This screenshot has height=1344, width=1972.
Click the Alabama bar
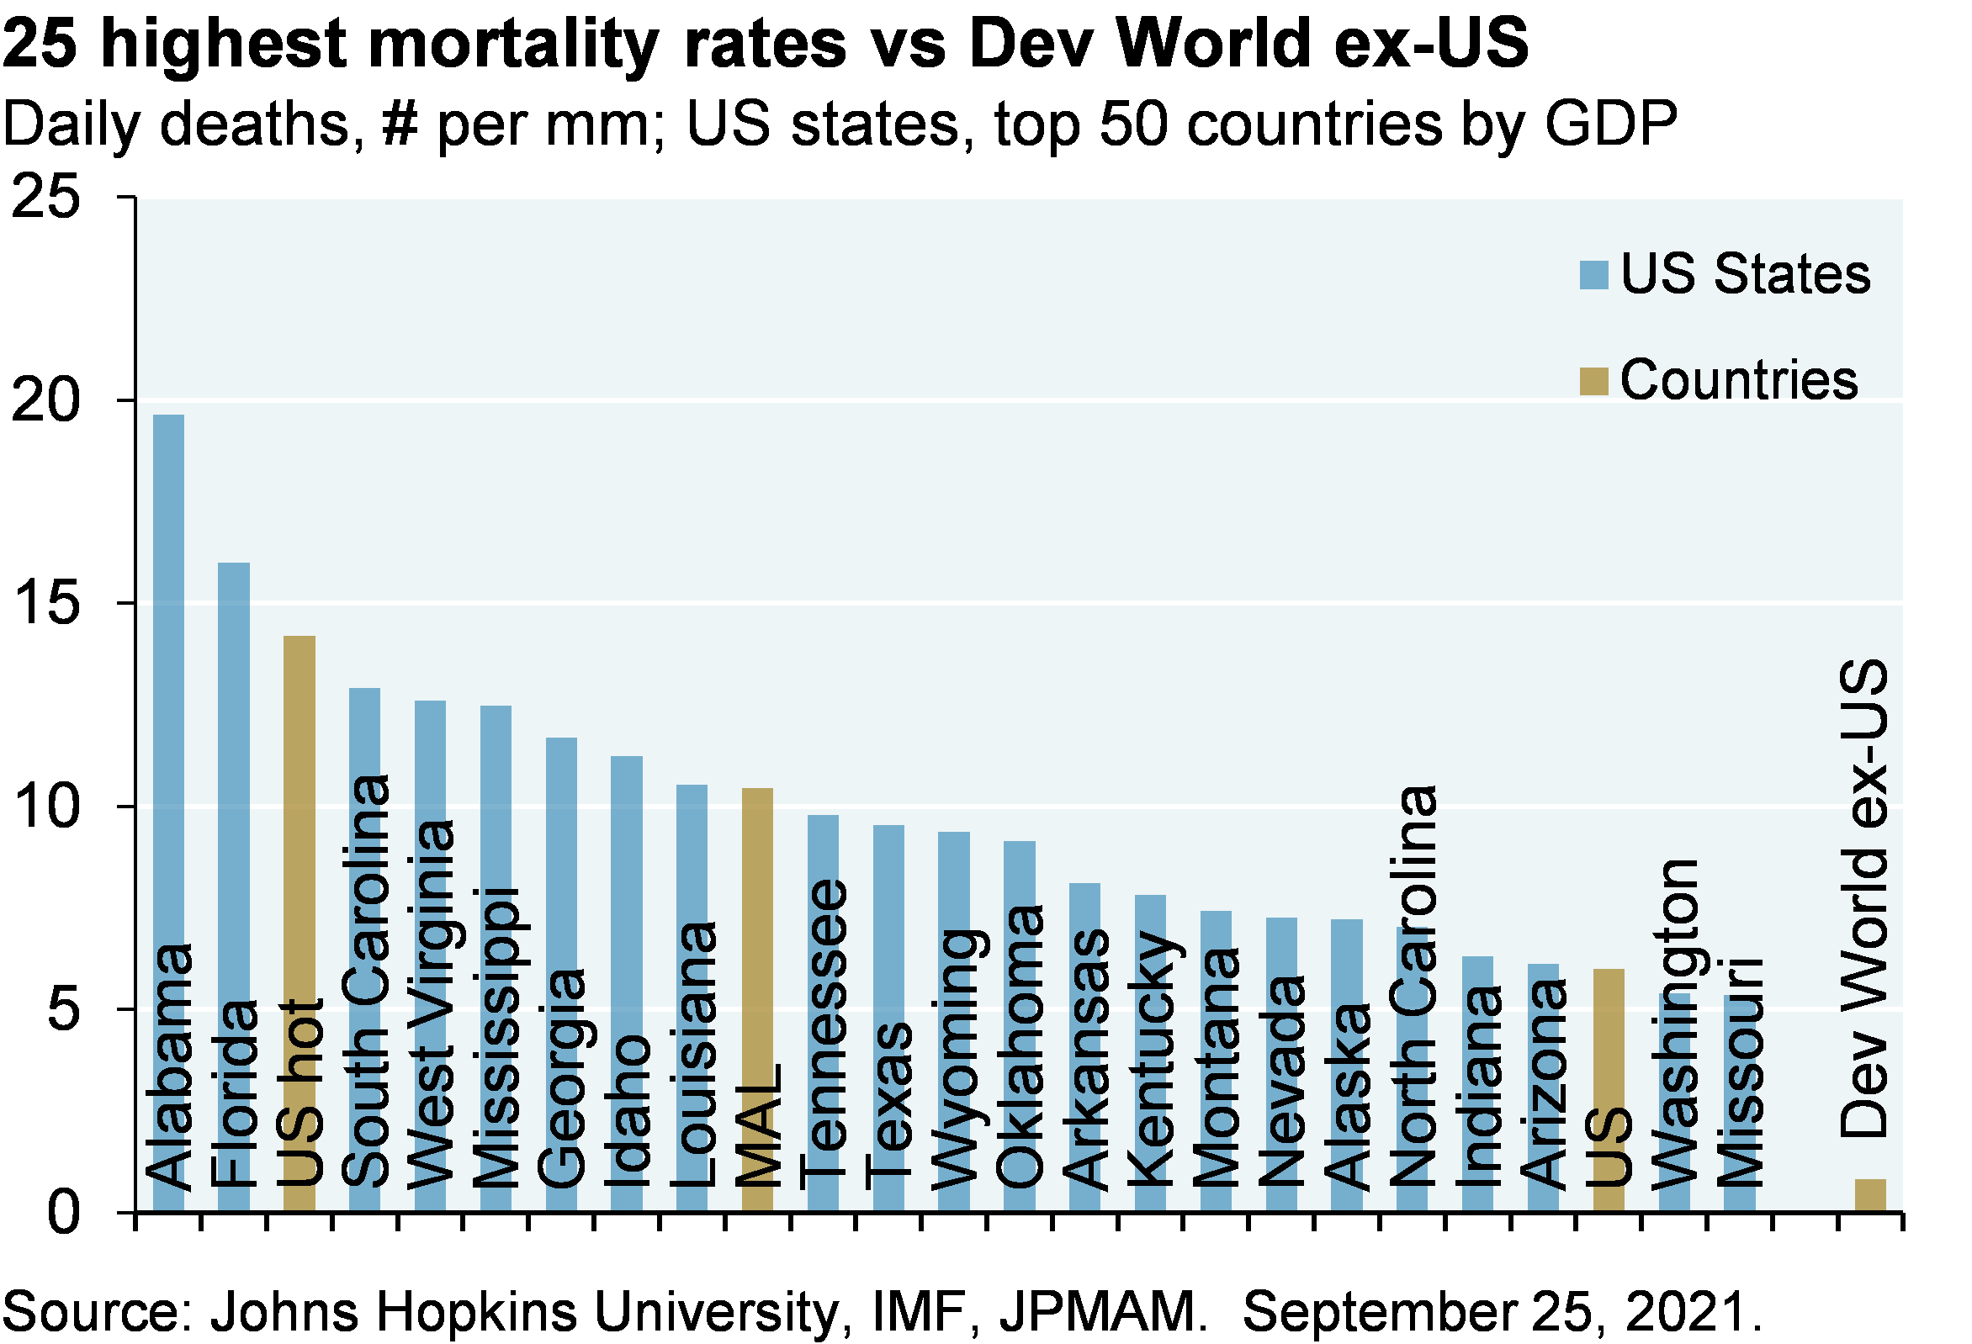click(x=168, y=679)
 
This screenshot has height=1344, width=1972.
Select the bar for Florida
click(x=233, y=764)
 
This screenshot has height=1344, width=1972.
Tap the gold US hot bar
click(x=299, y=806)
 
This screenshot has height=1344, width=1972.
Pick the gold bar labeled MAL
click(x=757, y=934)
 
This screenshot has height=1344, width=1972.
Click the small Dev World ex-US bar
click(x=1870, y=1193)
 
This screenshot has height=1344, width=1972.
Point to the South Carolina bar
click(x=365, y=730)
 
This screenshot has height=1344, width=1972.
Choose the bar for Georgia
click(x=561, y=849)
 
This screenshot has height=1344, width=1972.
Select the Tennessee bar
click(x=822, y=849)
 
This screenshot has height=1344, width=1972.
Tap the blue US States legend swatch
click(x=1593, y=275)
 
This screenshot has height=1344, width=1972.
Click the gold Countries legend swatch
click(x=1593, y=381)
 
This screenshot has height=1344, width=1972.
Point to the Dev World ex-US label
click(x=1863, y=899)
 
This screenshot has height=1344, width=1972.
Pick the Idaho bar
click(x=626, y=891)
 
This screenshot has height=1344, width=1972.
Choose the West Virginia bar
click(x=430, y=764)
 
